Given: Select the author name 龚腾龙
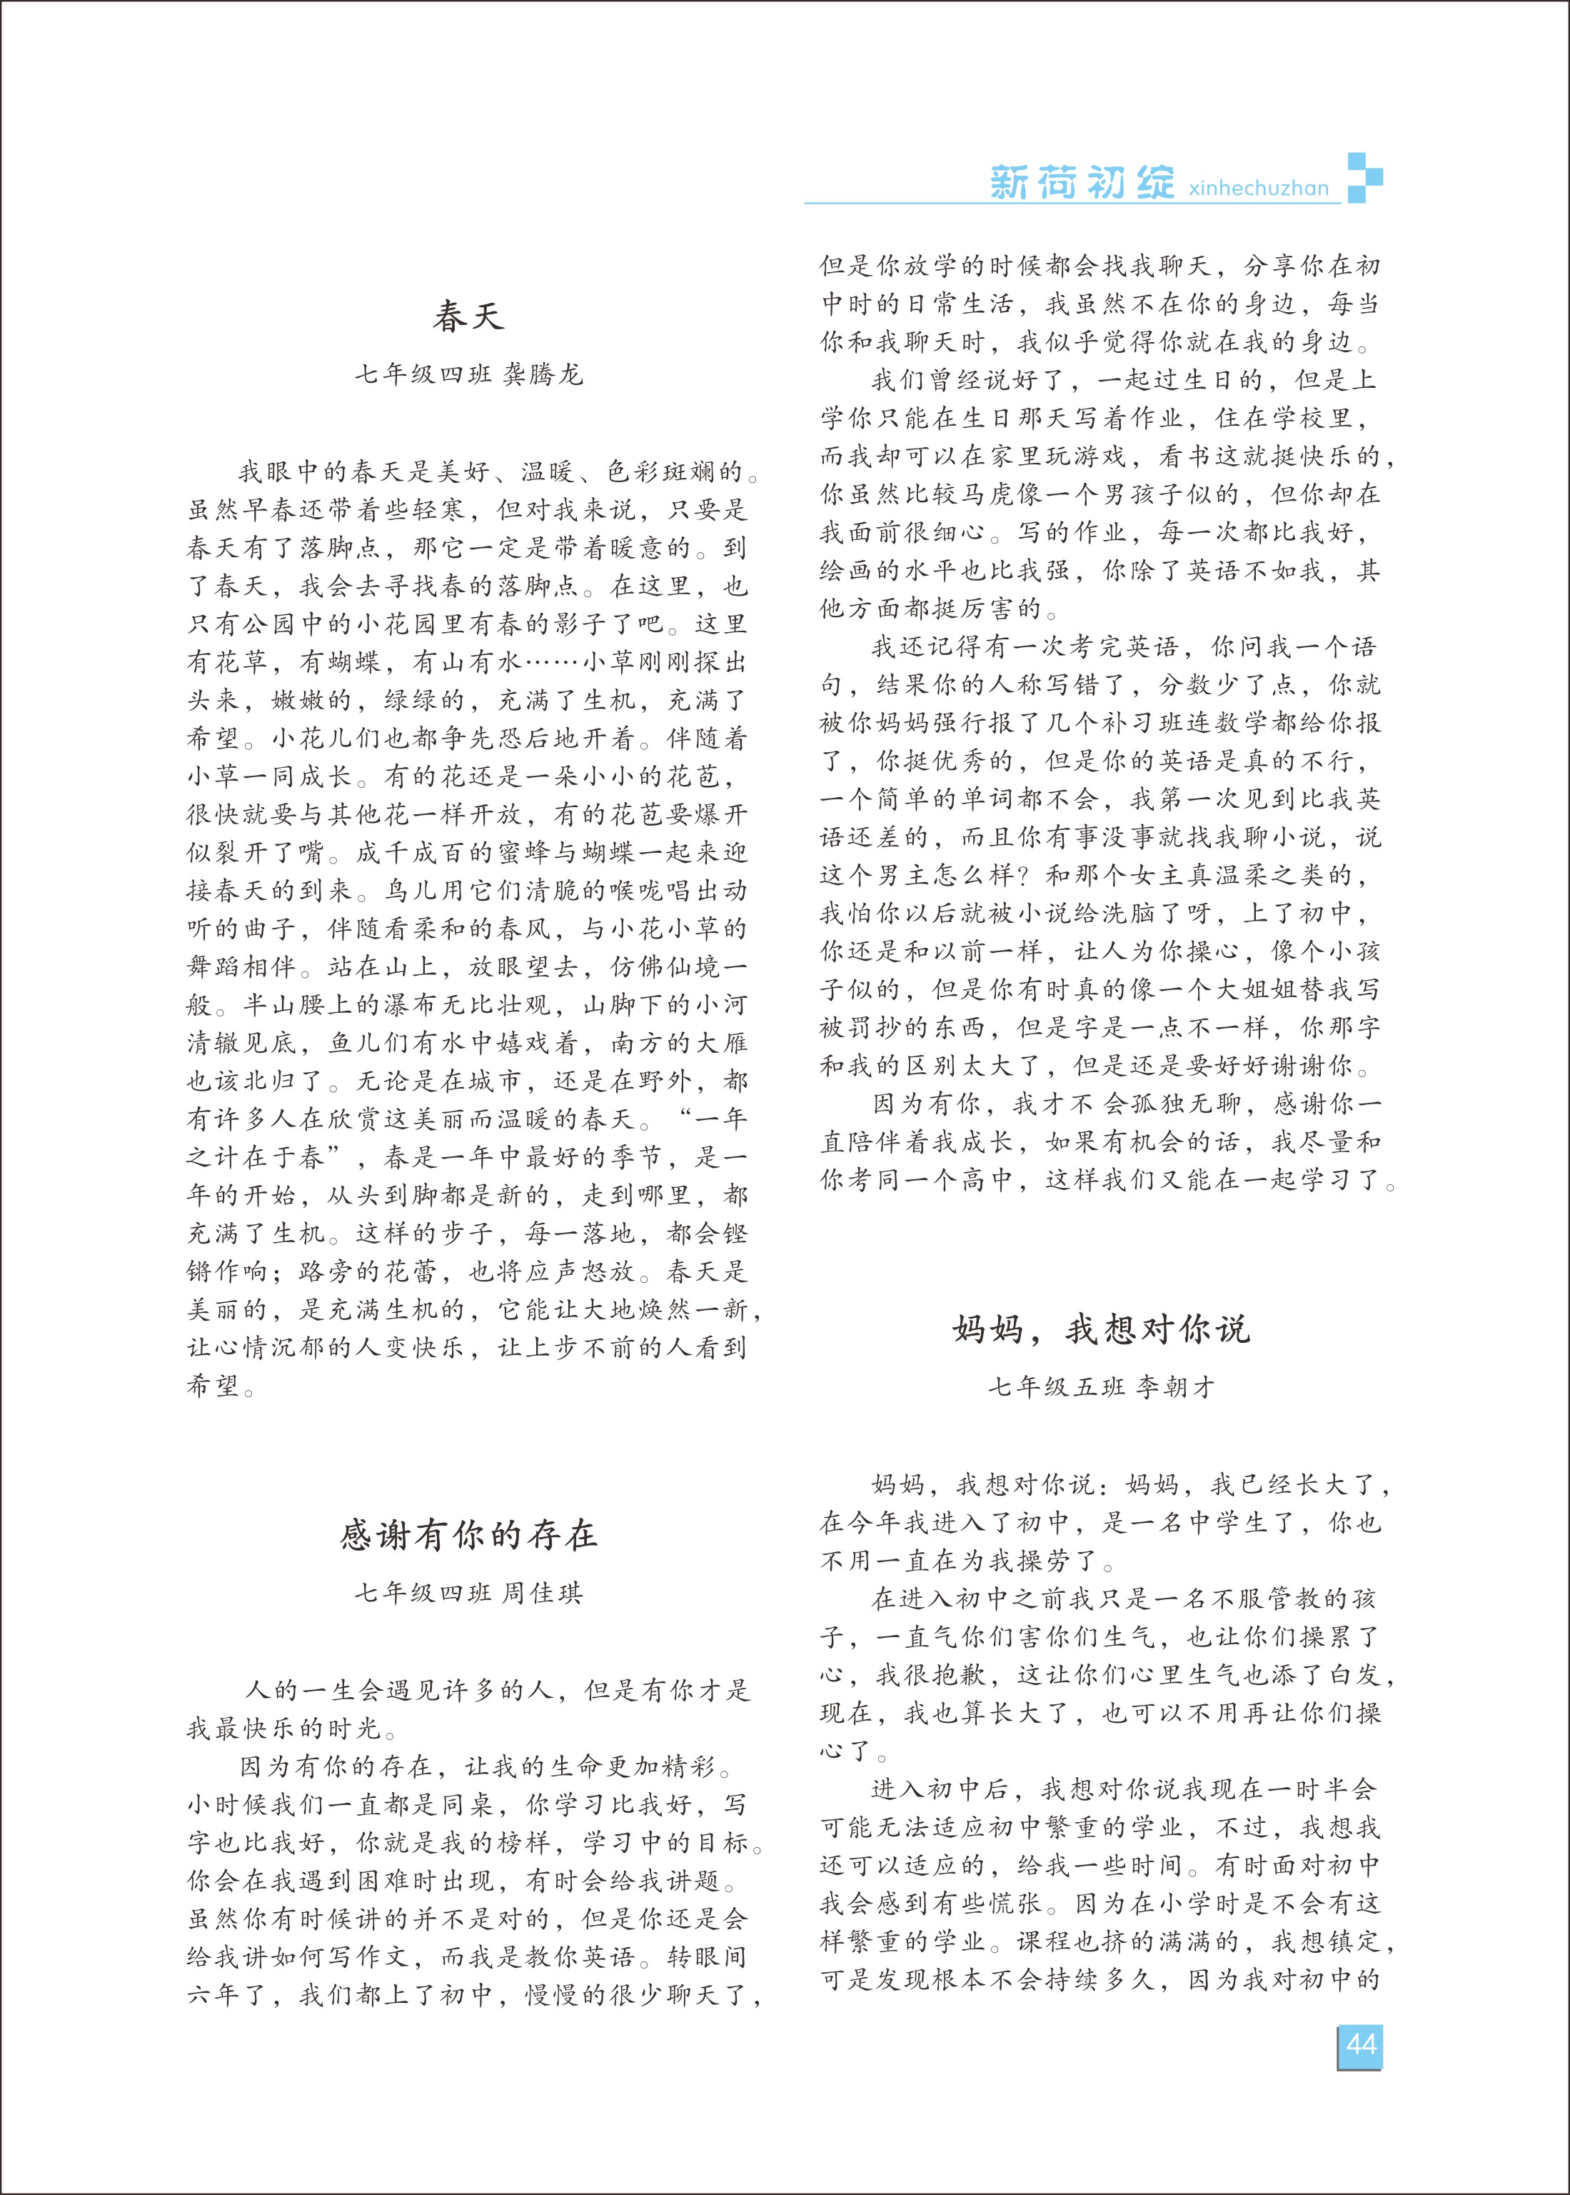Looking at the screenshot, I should click(543, 374).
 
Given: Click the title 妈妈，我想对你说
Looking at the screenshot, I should click(1101, 1329).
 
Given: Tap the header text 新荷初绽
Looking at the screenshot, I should click(1082, 182).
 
